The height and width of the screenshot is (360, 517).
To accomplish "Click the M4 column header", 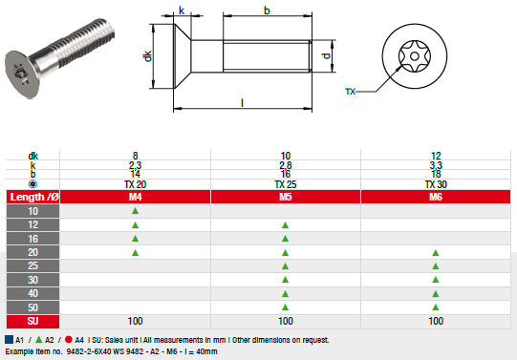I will [135, 196].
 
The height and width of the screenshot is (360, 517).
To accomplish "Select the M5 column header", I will [285, 196].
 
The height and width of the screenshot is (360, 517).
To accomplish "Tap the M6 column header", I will [436, 196].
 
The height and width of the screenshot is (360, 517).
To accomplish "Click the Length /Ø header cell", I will [34, 196].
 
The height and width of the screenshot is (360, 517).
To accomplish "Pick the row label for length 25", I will [34, 265].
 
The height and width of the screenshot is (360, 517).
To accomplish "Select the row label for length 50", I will [34, 307].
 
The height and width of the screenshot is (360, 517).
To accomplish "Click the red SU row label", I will [34, 322].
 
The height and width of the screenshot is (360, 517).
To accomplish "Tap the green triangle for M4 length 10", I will [135, 210].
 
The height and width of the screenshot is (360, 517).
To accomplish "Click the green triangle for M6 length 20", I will [436, 252].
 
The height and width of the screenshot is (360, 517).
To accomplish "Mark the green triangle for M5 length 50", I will [285, 307].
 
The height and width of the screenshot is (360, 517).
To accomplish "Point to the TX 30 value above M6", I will [436, 183].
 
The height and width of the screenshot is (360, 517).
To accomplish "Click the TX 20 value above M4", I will [135, 183].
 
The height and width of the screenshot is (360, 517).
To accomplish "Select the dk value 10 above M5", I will [285, 156].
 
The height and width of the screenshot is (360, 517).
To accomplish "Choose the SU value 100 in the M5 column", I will [285, 322].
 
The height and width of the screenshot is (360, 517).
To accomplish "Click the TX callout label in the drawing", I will [350, 92].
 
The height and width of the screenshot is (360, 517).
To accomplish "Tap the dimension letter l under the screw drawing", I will [243, 102].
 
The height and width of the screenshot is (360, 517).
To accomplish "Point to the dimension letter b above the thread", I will [267, 11].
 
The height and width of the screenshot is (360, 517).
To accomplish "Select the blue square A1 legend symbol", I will [9, 339].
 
